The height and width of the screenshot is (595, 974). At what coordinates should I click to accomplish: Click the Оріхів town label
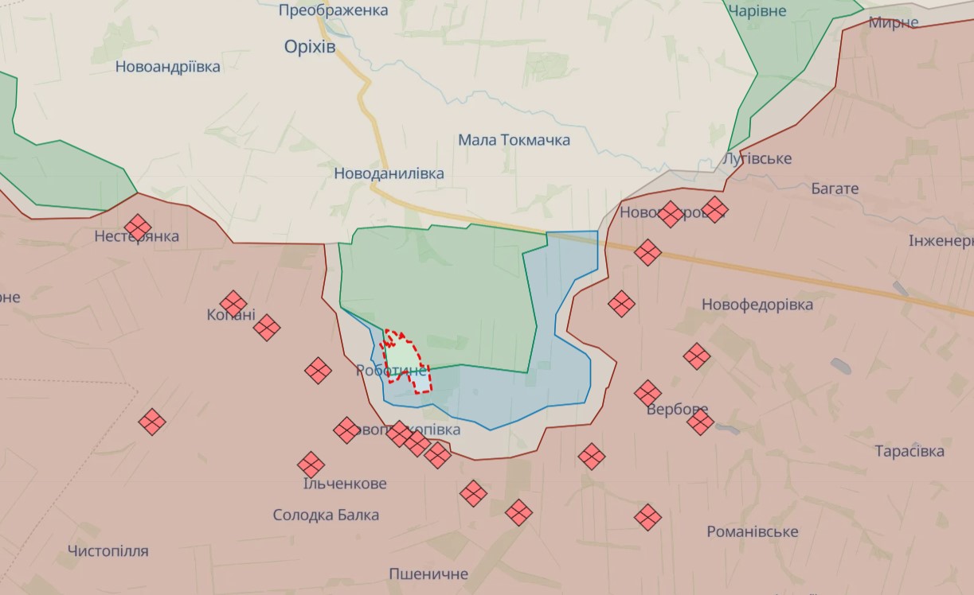(310, 47)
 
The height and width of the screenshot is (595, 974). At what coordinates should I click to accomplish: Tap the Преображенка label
(334, 10)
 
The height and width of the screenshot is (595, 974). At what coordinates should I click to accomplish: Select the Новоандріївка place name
(168, 67)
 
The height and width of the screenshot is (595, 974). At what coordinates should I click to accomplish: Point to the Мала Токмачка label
(514, 140)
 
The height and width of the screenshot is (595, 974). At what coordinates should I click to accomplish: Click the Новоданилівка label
(389, 173)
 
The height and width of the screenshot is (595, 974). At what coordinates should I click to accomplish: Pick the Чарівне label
(757, 11)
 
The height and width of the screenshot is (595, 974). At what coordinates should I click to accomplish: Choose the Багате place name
(835, 189)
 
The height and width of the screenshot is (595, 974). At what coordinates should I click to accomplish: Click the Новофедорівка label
(757, 305)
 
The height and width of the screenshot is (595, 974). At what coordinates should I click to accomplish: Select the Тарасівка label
(909, 451)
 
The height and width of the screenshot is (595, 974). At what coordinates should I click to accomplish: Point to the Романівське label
(753, 531)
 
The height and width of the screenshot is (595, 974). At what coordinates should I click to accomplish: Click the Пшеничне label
(428, 574)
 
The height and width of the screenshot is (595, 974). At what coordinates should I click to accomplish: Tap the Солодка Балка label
(326, 515)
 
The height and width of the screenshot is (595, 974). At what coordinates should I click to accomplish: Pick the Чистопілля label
(108, 550)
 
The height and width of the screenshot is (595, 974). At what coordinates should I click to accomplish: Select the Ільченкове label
(345, 484)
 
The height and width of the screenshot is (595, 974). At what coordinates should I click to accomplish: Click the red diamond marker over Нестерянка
(138, 227)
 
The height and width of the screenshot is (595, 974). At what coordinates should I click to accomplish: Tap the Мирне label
(893, 22)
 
